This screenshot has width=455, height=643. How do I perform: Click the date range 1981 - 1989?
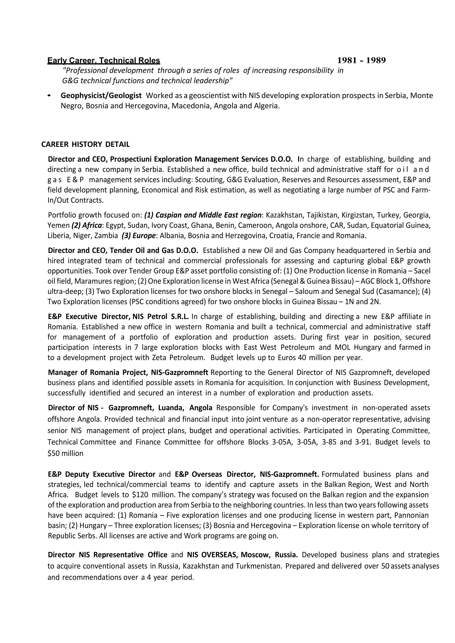pos(361,60)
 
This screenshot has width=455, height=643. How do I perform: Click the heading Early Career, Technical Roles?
pos(104,60)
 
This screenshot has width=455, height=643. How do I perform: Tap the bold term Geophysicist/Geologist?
pos(101,95)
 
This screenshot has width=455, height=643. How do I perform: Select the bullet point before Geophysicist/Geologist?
pos(49,96)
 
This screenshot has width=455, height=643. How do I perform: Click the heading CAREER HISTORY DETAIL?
pos(86,144)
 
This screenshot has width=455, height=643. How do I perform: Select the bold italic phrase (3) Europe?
pos(138,236)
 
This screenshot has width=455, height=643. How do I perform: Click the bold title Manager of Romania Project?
pos(98,373)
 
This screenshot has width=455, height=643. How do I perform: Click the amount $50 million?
pos(66,453)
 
